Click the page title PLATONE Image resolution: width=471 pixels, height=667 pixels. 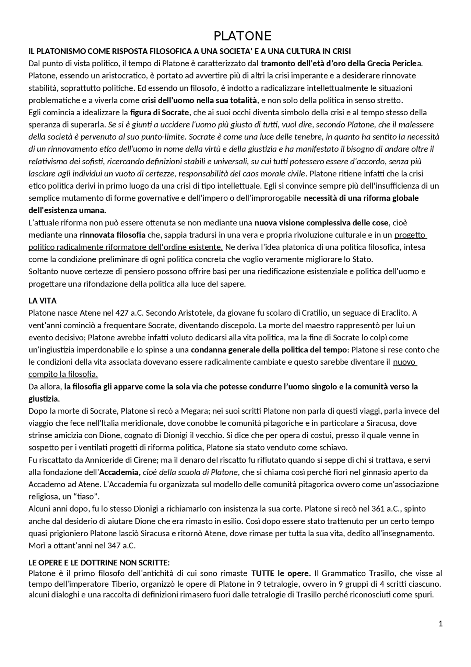[x=242, y=36]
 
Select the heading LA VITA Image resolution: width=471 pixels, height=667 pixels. [x=42, y=301]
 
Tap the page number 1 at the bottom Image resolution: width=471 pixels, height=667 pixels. [x=441, y=624]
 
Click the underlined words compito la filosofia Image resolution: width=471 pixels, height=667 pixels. [x=63, y=375]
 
